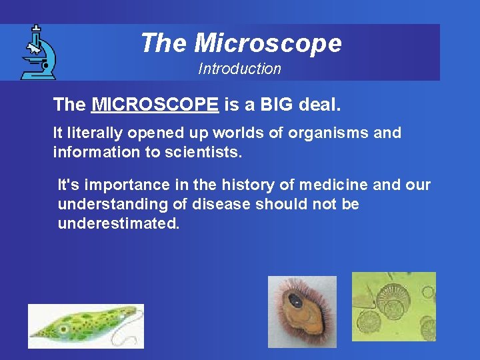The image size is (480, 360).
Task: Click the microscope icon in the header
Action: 37,52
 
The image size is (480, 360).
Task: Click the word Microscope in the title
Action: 268,43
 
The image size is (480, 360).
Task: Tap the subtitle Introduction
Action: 239,69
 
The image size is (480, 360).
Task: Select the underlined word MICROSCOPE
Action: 155,105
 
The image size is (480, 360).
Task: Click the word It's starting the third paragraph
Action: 69,185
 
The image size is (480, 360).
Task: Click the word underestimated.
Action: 119,223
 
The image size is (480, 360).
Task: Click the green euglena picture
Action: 85,326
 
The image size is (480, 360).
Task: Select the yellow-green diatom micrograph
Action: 393,307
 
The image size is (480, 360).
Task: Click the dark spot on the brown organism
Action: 295,301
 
